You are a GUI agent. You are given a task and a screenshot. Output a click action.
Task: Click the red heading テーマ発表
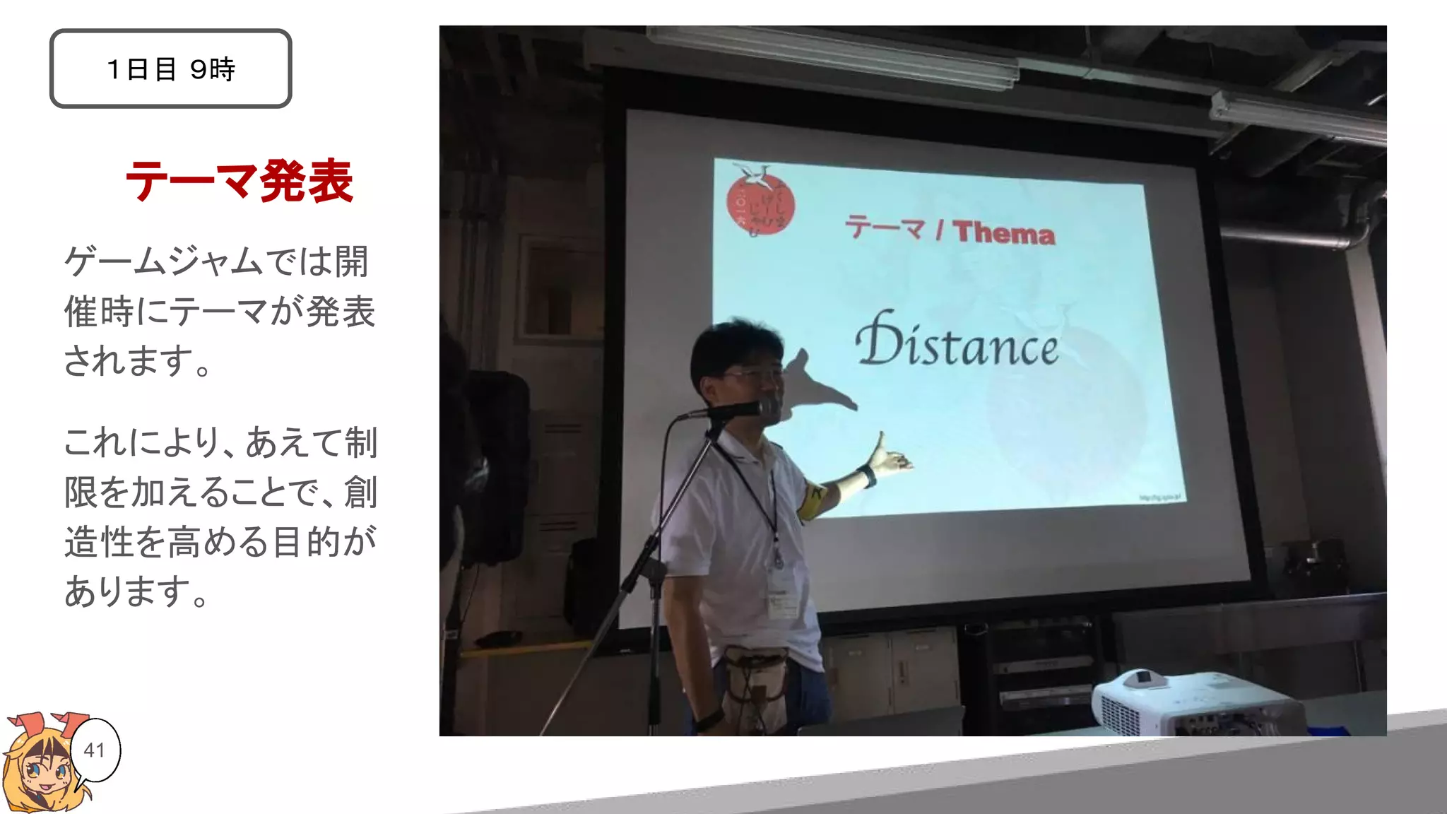click(x=239, y=181)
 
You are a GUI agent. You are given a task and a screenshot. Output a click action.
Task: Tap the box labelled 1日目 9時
click(x=170, y=69)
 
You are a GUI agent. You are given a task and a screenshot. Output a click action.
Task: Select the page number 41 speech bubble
click(x=95, y=750)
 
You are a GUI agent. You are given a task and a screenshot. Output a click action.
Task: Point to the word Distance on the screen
click(x=957, y=343)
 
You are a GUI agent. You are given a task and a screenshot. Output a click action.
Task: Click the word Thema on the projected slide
click(x=1004, y=232)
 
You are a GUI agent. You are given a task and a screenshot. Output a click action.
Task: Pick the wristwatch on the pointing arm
click(x=866, y=477)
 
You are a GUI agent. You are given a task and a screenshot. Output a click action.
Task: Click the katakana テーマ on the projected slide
click(x=886, y=228)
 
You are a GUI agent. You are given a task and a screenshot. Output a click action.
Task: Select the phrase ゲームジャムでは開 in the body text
click(x=215, y=261)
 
